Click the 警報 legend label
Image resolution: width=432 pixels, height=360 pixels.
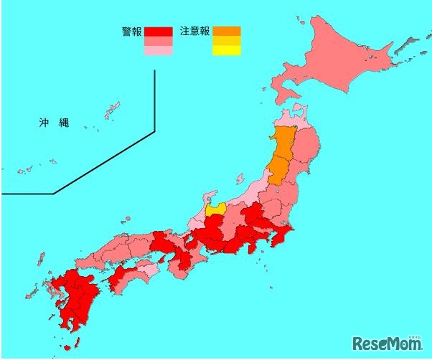point(132,32)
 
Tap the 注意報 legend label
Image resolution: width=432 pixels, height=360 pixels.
point(194,32)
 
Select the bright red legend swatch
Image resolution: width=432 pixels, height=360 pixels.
point(158,32)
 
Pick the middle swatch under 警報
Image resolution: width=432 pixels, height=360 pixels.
point(158,42)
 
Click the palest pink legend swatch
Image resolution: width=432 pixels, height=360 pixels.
point(158,51)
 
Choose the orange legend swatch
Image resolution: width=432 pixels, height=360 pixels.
point(226,31)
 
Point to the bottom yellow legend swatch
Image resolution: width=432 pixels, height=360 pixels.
point(226,51)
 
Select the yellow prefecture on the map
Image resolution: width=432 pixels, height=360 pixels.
point(215,209)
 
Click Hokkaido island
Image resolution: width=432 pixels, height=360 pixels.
point(337,65)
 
